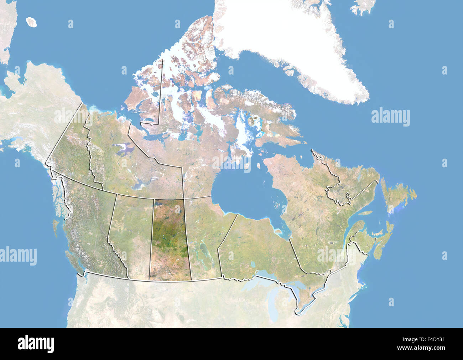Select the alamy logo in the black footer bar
coord(36,344)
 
